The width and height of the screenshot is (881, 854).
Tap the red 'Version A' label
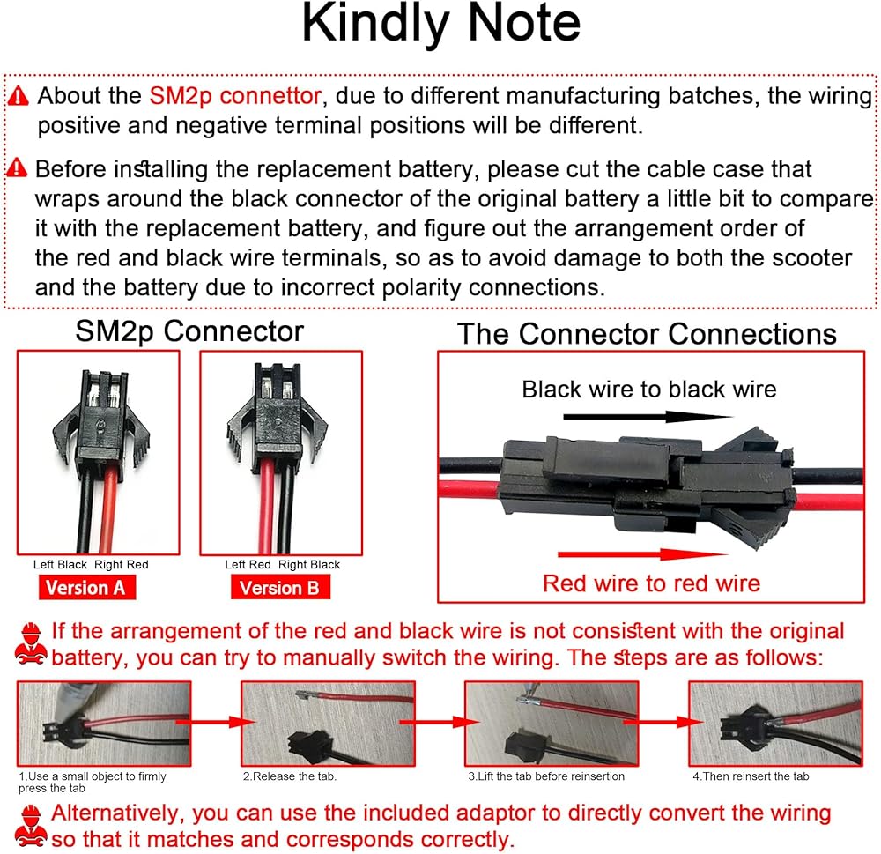tap(85, 587)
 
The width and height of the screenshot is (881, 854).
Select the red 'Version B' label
tap(280, 587)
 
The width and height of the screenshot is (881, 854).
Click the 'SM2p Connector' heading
tap(189, 331)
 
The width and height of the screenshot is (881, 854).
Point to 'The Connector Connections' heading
tap(647, 334)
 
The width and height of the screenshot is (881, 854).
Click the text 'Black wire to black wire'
tap(649, 390)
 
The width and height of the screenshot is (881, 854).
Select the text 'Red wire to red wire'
tap(651, 583)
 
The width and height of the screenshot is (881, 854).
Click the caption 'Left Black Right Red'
tap(91, 564)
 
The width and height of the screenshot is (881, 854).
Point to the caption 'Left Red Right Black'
tap(282, 564)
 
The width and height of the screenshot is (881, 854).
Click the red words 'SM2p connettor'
tap(234, 95)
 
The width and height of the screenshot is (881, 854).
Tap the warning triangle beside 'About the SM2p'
tap(19, 95)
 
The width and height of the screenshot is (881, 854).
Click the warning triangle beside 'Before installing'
tap(18, 168)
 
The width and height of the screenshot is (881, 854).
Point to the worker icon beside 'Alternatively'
tap(30, 826)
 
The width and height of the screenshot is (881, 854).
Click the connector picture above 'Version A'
tap(99, 452)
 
